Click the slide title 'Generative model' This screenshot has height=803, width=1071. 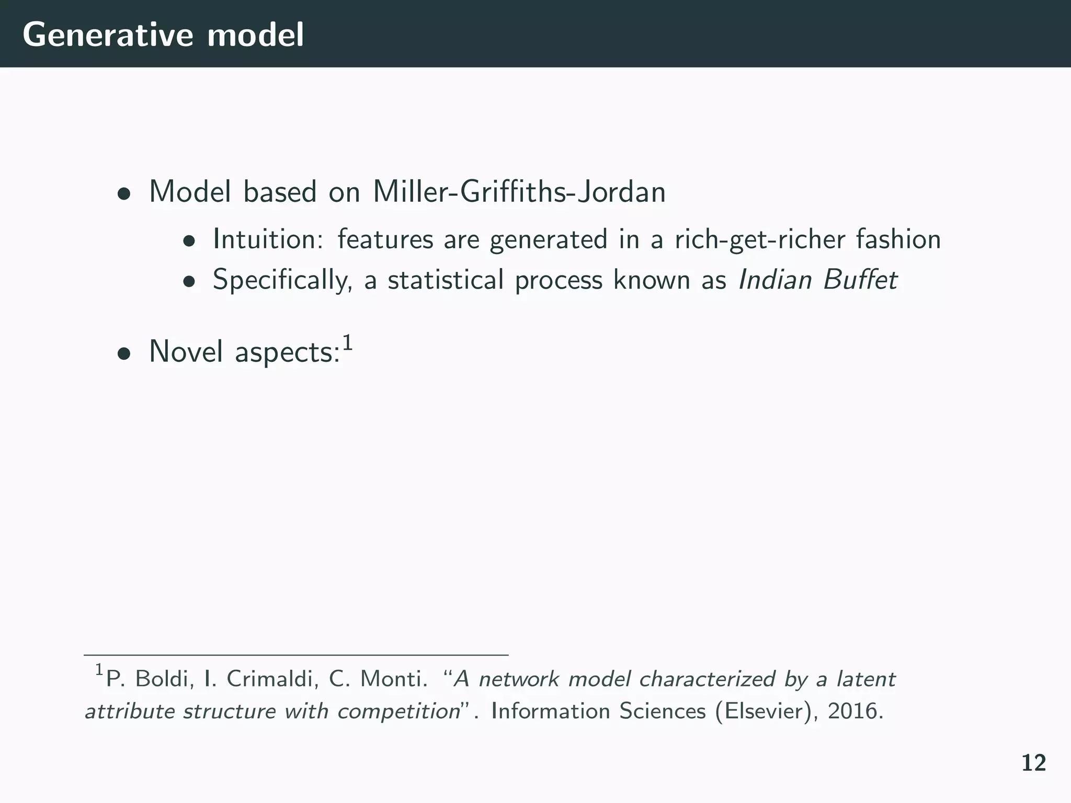coord(163,36)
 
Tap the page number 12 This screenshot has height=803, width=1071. coord(1033,763)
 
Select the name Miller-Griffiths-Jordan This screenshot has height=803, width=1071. coord(519,192)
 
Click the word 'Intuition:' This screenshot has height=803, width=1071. coord(268,239)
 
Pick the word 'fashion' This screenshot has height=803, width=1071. coord(898,239)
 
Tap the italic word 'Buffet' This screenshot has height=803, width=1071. coord(860,280)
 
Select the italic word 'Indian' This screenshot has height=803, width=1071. coord(774,280)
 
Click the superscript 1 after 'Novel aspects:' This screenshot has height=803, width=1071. coord(347,343)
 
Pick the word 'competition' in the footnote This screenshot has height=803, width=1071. coord(398,712)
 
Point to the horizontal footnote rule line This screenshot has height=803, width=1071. coord(296,655)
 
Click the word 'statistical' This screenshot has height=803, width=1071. coord(446,280)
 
